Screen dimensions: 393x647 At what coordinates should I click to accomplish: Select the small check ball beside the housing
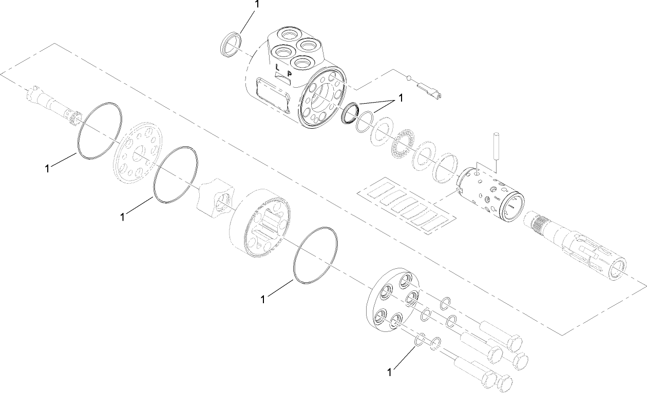pyautogui.click(x=409, y=78)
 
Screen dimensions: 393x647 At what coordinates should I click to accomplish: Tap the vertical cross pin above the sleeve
pyautogui.click(x=497, y=152)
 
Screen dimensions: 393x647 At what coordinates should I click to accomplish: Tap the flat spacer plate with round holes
pyautogui.click(x=134, y=153)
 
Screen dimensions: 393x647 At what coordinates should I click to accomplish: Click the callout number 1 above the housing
pyautogui.click(x=257, y=4)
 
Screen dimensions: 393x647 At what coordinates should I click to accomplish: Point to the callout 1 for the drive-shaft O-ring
pyautogui.click(x=47, y=168)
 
